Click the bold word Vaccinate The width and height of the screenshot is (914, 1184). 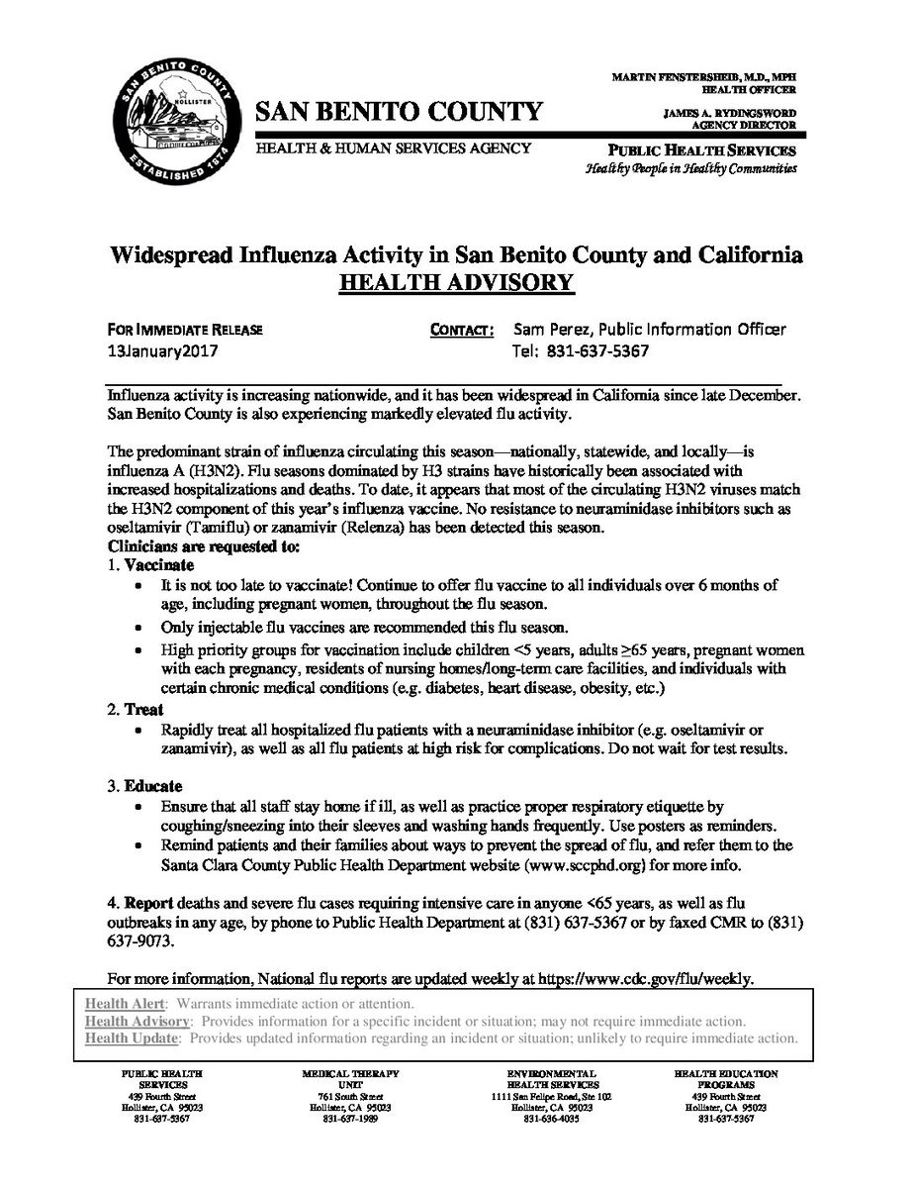point(151,564)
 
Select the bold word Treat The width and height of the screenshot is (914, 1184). point(144,711)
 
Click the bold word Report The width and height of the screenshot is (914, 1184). point(150,900)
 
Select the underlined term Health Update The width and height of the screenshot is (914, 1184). point(132,1038)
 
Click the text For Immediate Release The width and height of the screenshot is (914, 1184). point(186,330)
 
